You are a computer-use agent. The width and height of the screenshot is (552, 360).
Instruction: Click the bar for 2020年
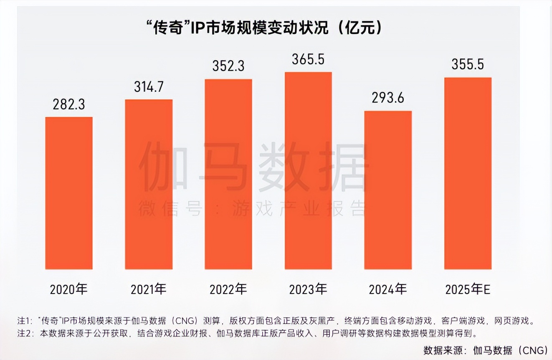click(69, 193)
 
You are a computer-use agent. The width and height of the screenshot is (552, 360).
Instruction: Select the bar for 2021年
click(149, 184)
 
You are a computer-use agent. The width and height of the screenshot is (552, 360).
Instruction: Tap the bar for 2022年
click(228, 174)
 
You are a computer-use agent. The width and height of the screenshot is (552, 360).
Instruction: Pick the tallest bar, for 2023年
click(308, 170)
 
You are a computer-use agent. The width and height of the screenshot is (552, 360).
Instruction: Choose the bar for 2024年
click(388, 190)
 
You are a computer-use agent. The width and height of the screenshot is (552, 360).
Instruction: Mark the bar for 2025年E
click(468, 173)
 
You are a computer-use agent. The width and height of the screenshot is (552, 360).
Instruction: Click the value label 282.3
click(69, 104)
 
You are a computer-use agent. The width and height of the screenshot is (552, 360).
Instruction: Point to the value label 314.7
click(149, 87)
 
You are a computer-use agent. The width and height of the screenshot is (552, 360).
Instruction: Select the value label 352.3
click(228, 66)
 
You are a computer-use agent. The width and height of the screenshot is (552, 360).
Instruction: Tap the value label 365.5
click(308, 59)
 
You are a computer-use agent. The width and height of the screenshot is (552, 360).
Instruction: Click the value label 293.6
click(388, 99)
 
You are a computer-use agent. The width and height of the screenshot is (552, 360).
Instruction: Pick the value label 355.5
click(468, 65)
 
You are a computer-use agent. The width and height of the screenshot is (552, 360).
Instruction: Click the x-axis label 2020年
click(69, 289)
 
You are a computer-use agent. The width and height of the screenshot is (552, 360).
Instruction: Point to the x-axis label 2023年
click(308, 289)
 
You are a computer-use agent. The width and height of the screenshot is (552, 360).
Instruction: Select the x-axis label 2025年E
click(468, 289)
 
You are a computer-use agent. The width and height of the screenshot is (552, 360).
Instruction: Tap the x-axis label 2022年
click(228, 289)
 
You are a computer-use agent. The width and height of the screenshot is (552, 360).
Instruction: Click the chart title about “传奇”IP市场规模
click(264, 28)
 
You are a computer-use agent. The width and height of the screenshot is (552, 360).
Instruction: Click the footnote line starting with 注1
click(276, 321)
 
